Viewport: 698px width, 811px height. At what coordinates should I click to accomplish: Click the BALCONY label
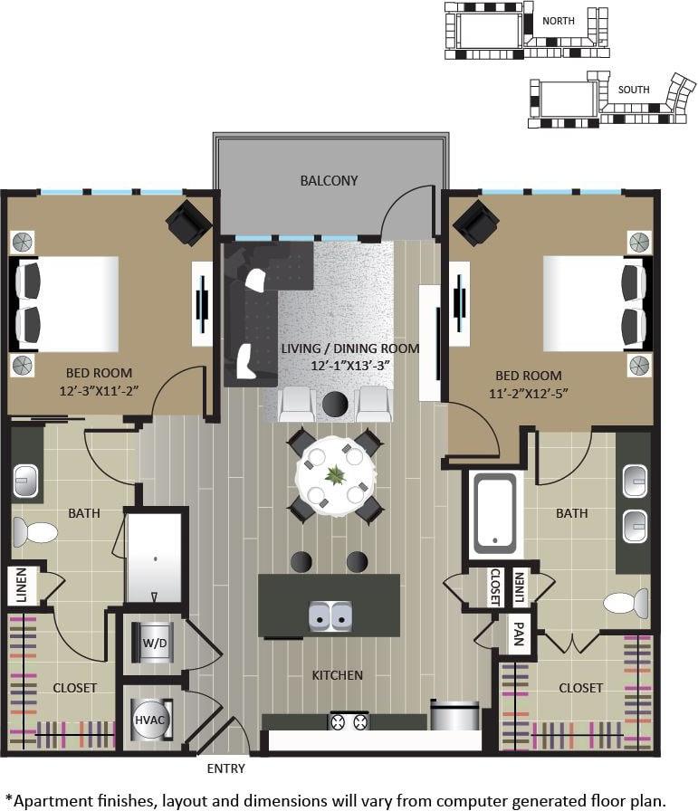[329, 180]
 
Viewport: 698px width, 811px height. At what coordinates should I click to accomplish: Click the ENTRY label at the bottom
[226, 768]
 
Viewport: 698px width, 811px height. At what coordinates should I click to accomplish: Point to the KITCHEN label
[337, 674]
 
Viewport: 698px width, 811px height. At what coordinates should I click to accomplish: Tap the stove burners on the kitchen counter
[349, 721]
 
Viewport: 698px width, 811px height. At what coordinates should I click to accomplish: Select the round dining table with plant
[336, 476]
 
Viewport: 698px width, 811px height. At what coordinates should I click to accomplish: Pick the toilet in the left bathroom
[33, 530]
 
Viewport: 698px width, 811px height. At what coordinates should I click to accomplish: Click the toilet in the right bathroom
[627, 602]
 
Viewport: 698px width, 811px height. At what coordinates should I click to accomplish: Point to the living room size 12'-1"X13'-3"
[349, 366]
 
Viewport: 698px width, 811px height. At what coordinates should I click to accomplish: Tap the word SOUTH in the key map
[634, 90]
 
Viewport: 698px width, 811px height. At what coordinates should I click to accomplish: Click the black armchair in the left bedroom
[188, 222]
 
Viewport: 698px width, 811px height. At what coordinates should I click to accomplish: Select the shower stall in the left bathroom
[155, 557]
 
